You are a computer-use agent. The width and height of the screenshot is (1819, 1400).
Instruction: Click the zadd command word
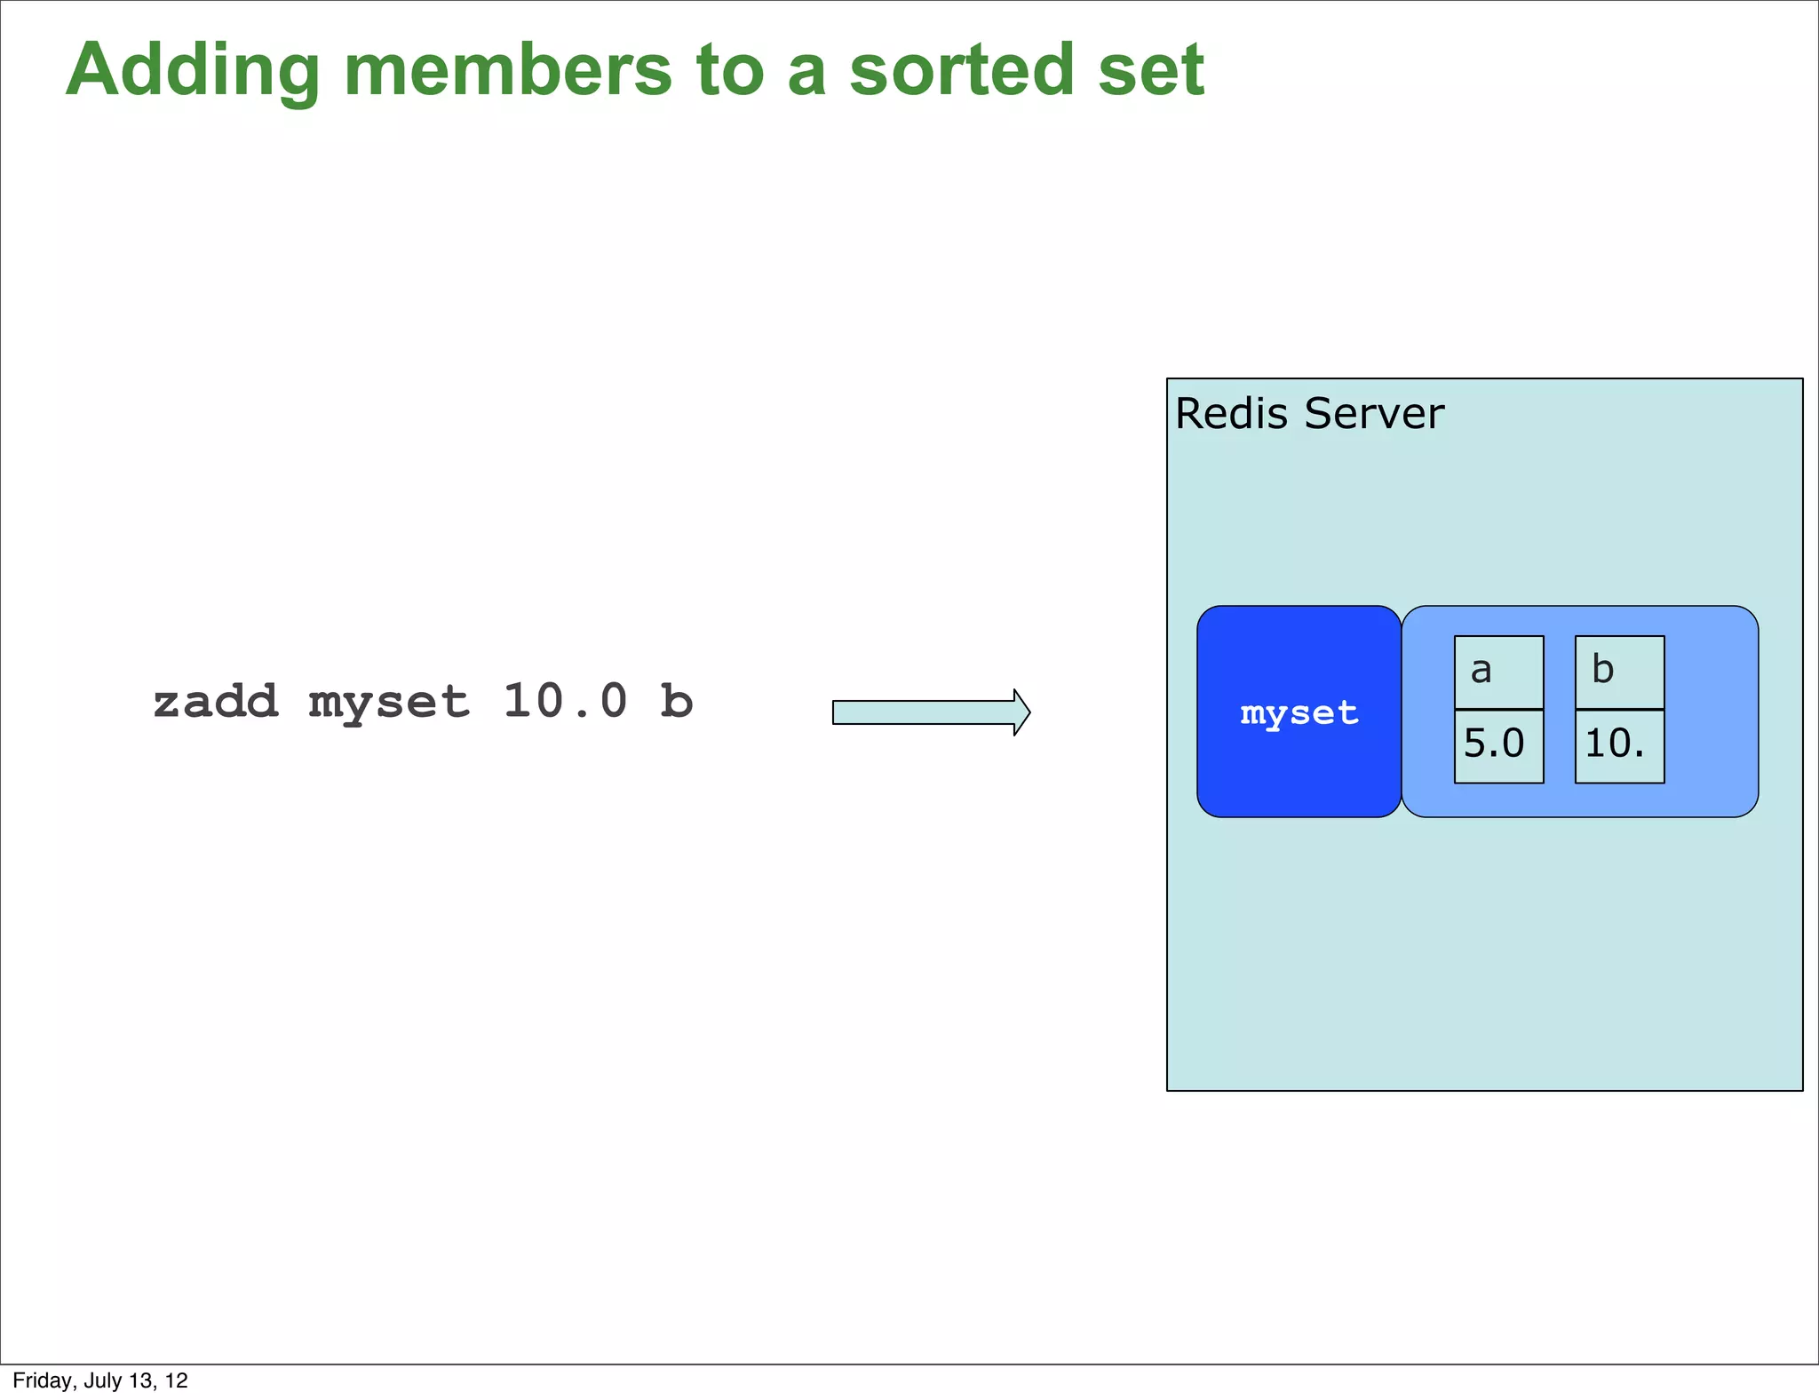tap(216, 702)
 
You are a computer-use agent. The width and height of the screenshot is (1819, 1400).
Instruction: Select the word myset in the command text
tap(389, 704)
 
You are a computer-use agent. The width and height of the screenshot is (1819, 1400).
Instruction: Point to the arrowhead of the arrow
tap(1021, 712)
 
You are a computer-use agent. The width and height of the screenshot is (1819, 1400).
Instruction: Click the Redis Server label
tap(1309, 414)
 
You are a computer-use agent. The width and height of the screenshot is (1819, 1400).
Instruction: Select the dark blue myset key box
tap(1299, 712)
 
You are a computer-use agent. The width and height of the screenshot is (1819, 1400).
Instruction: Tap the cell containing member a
tap(1498, 672)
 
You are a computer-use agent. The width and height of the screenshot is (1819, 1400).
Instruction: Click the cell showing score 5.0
tap(1498, 745)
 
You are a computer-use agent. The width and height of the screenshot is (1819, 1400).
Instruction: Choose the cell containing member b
tap(1619, 672)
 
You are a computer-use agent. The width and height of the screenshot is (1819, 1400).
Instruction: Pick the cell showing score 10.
tap(1619, 745)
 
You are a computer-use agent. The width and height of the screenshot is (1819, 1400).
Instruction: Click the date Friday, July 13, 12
tap(100, 1380)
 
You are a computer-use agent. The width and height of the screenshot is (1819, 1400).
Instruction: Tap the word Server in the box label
tap(1374, 414)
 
